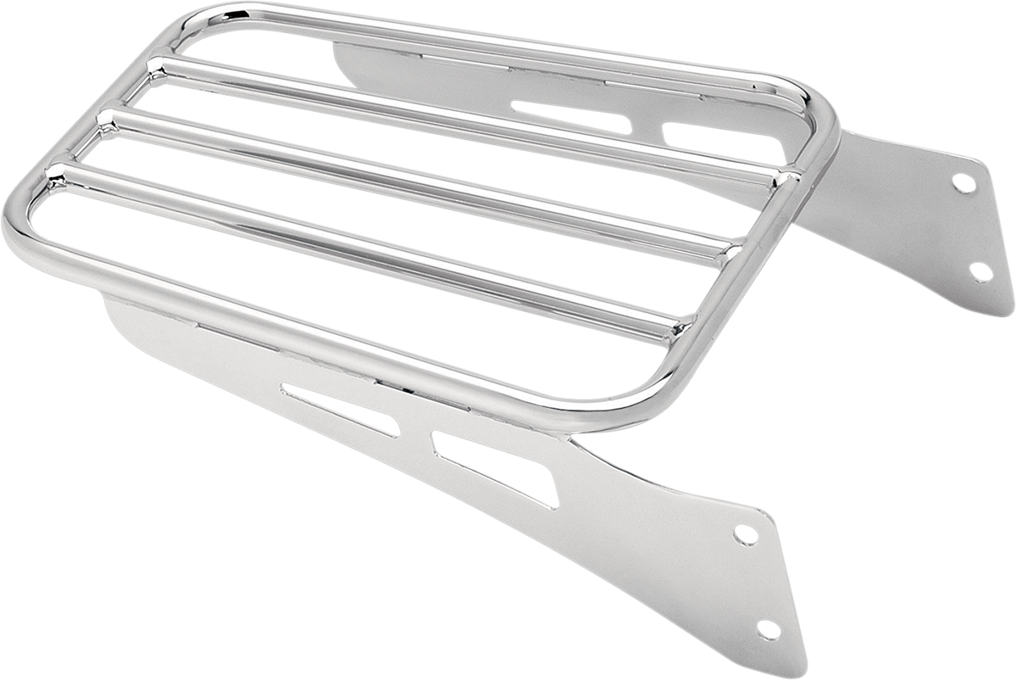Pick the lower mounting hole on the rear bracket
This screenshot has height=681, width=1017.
[x=981, y=271]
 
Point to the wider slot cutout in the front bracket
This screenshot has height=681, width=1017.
[x=492, y=465]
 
